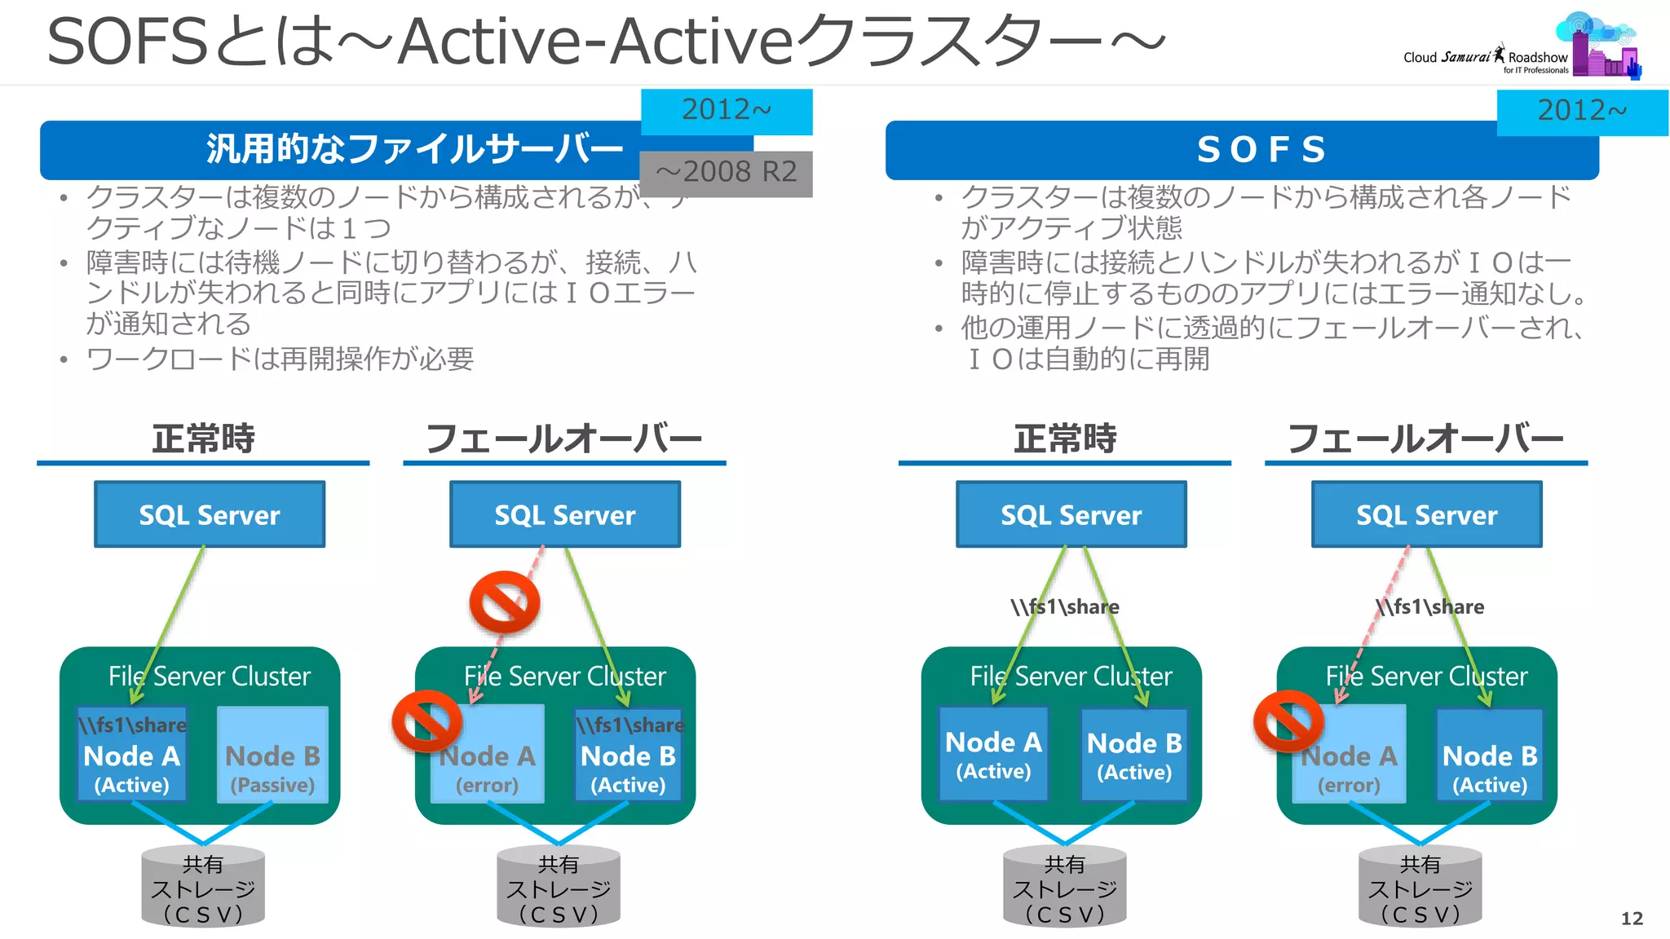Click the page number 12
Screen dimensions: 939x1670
pos(1631,919)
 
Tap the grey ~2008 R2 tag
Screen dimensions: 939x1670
pos(726,173)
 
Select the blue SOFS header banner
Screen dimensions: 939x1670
pos(1241,150)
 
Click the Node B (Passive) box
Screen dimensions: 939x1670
pos(272,756)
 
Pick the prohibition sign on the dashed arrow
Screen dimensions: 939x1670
pos(505,602)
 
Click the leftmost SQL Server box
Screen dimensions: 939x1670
pos(210,514)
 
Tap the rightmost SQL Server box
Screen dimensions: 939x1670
pos(1426,514)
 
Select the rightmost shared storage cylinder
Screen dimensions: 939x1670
pos(1420,887)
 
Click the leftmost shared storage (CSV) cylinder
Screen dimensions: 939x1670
pos(203,887)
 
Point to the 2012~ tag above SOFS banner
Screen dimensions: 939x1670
pos(1581,111)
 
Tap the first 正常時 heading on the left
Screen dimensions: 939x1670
pos(203,439)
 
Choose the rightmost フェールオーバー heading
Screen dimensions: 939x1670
pos(1425,439)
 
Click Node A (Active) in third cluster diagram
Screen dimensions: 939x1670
pos(993,755)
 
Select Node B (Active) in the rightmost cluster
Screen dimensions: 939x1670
pos(1490,756)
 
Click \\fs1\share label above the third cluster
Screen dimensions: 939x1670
pos(1065,606)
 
